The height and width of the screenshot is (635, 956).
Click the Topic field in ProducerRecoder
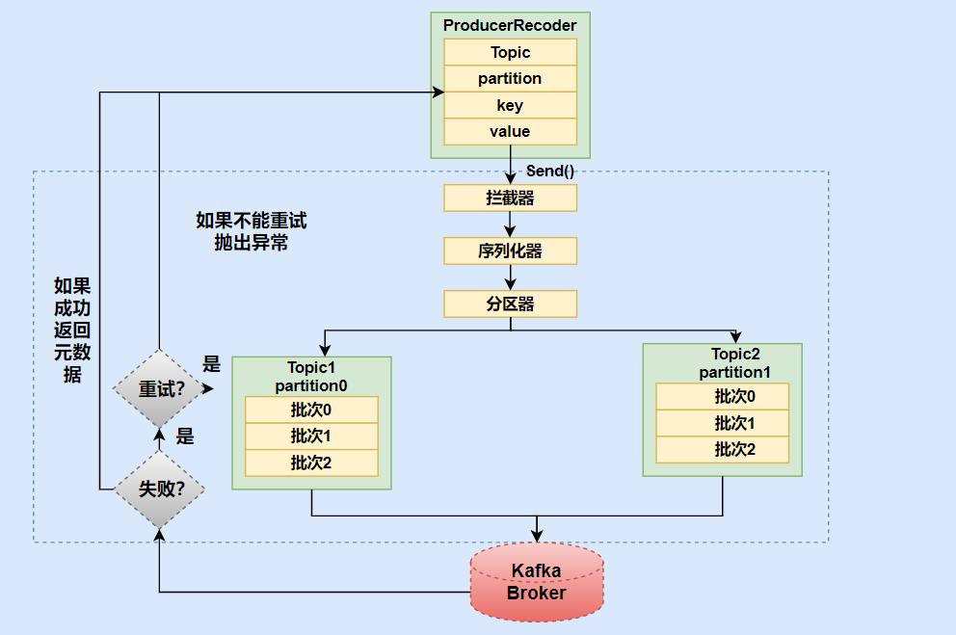tap(511, 52)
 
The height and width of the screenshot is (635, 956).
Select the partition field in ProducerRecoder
tap(511, 79)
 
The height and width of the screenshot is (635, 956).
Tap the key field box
tap(511, 105)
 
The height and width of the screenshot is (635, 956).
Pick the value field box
tap(511, 132)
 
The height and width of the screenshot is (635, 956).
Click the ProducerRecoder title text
tap(510, 26)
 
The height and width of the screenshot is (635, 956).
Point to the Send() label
tap(550, 172)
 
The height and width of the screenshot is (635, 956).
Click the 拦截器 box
tap(511, 198)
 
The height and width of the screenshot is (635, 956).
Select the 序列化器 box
tap(511, 251)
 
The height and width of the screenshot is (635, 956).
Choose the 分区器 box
tap(511, 304)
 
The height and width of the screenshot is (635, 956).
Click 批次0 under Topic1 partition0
tap(311, 410)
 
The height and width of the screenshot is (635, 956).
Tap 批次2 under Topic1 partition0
tap(311, 463)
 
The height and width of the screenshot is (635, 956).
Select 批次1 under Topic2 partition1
tap(723, 423)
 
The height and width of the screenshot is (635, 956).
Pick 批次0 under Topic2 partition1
tap(723, 396)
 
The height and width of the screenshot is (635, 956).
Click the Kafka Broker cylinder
tap(537, 582)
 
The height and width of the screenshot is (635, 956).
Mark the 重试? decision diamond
tap(160, 388)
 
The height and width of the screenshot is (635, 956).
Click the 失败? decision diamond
tap(160, 489)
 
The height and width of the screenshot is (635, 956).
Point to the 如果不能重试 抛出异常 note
tap(252, 231)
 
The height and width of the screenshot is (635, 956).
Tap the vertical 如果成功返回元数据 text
tap(72, 330)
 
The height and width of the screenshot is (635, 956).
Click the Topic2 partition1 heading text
tap(734, 363)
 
